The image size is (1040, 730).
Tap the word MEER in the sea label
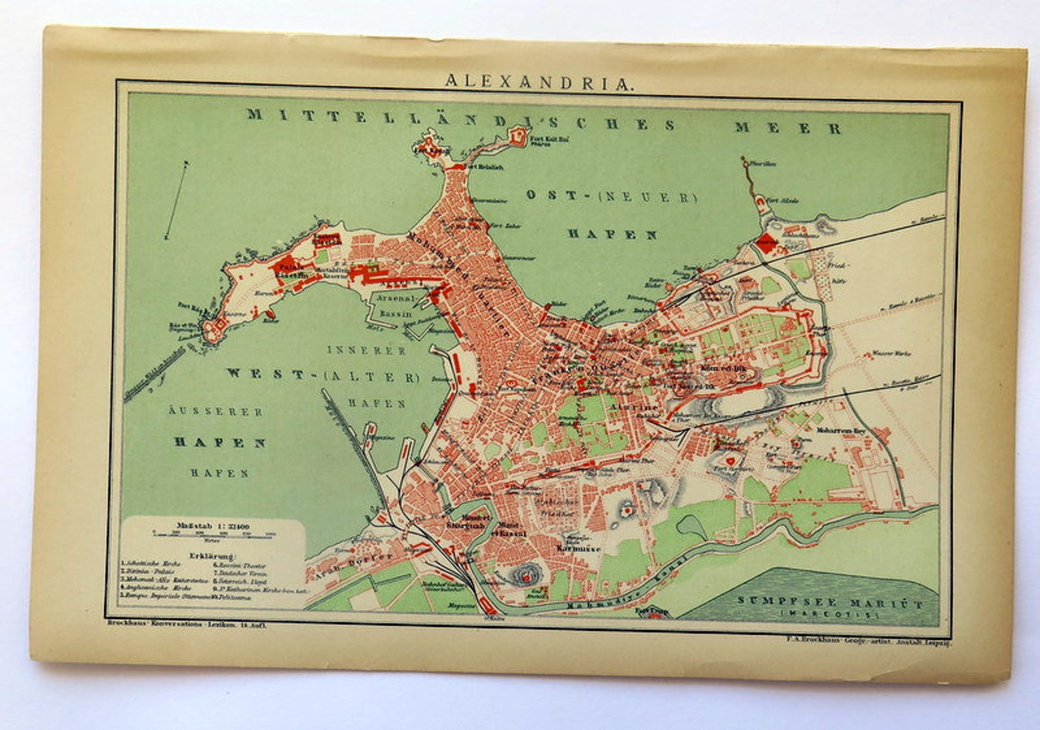pos(787,128)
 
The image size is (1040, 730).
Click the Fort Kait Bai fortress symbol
pos(517,136)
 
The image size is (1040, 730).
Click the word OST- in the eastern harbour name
pos(554,195)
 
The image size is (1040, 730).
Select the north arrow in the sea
pos(177,199)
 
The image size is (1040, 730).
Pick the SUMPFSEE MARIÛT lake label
pos(830,603)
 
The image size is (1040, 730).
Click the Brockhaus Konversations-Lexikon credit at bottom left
pos(187,624)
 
